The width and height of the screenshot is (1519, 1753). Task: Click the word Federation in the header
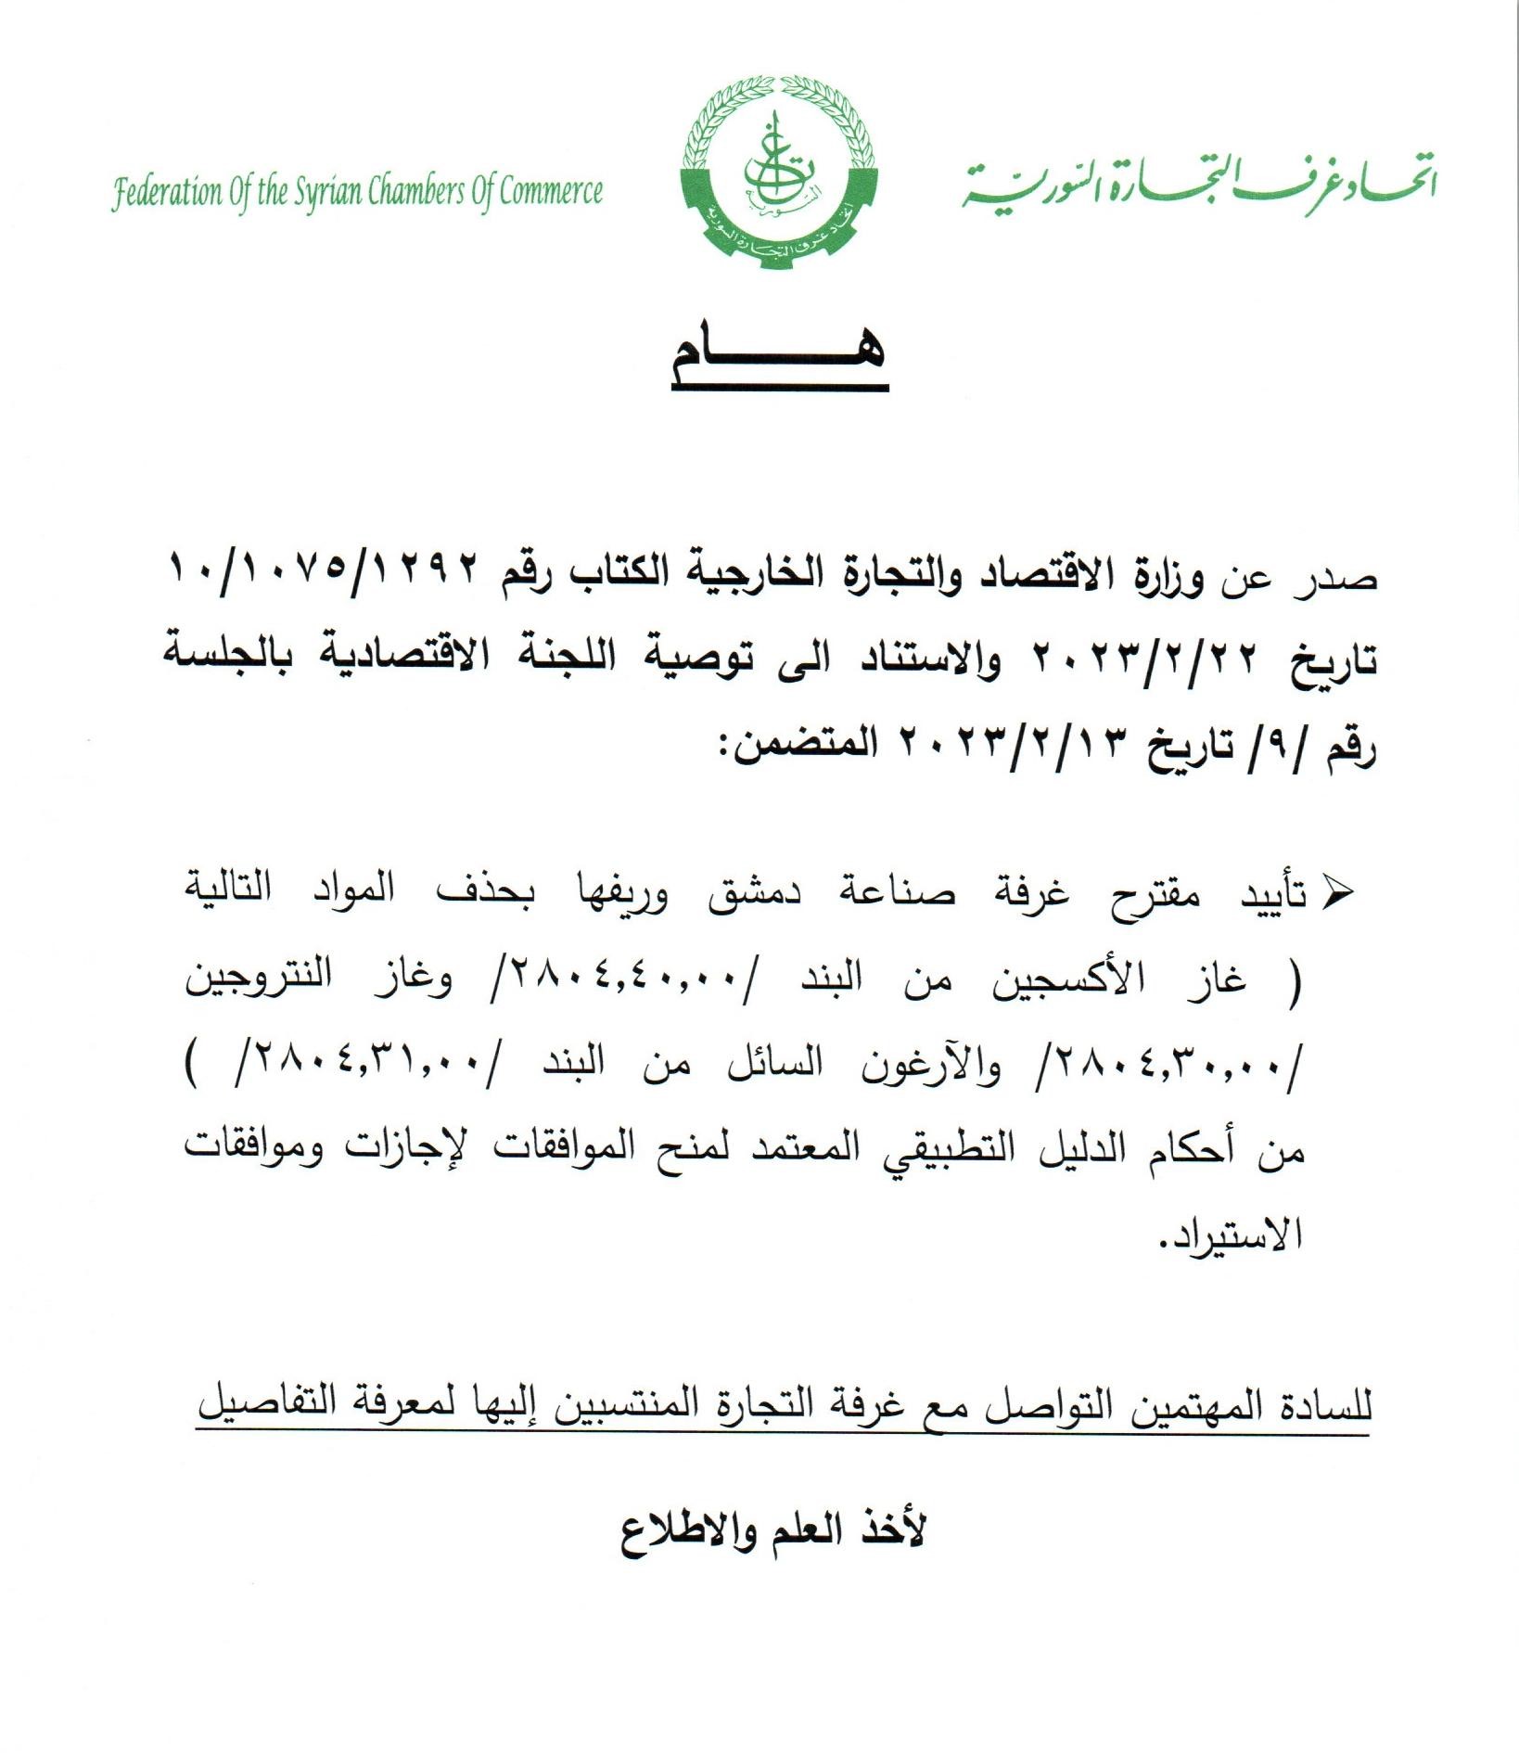tap(168, 194)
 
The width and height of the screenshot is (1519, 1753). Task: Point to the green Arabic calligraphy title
tap(1196, 181)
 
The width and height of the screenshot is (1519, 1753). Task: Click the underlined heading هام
tap(779, 357)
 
